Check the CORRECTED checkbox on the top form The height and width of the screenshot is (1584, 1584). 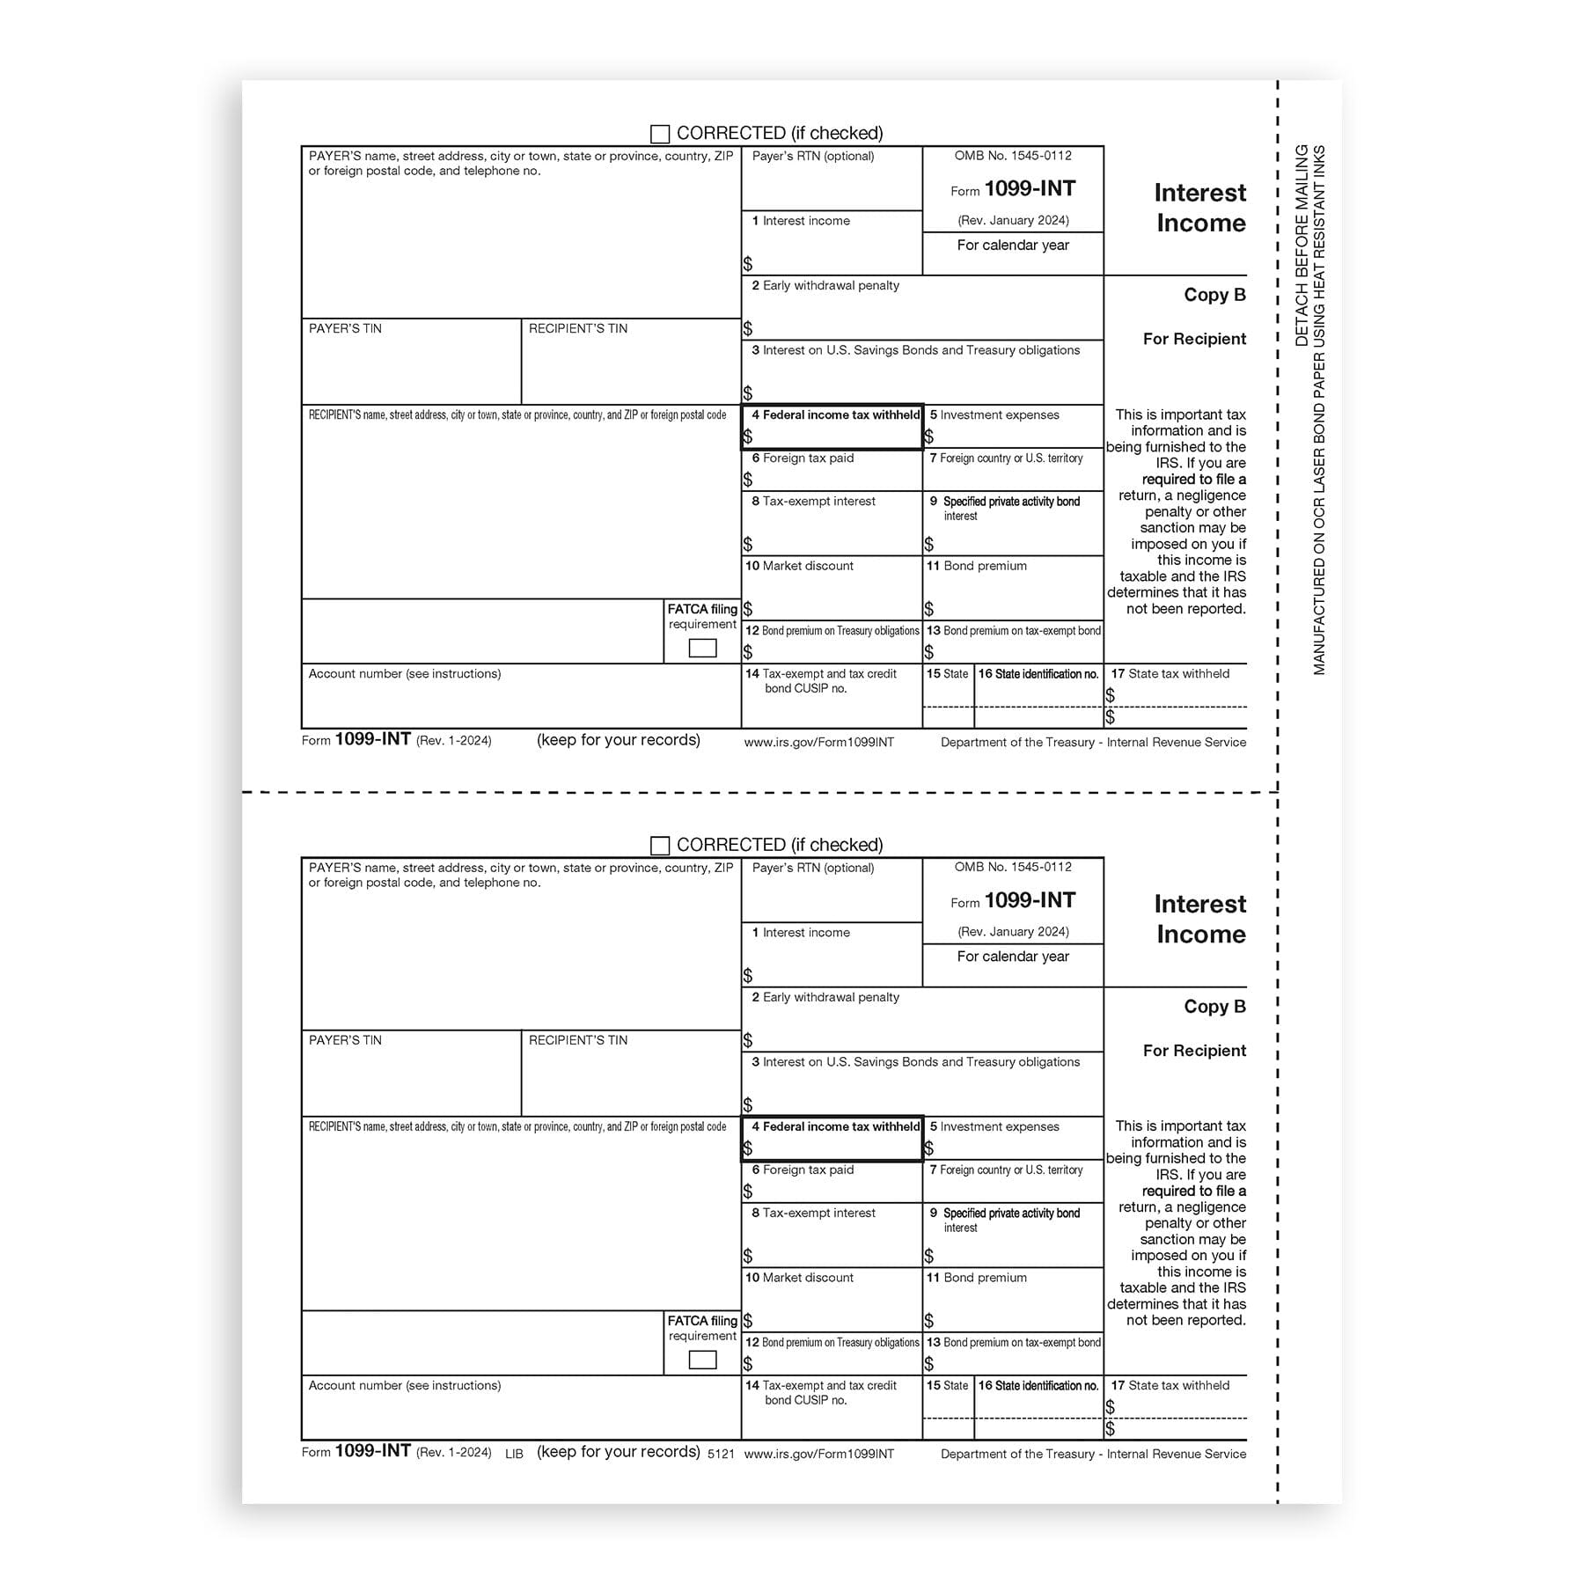click(659, 134)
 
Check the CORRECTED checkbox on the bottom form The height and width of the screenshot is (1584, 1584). click(659, 846)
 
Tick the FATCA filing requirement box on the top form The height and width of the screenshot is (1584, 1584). click(702, 649)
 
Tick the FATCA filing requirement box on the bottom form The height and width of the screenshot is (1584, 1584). click(702, 1360)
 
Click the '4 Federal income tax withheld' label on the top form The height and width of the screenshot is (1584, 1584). click(835, 414)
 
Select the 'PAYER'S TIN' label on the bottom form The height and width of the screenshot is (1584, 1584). click(345, 1040)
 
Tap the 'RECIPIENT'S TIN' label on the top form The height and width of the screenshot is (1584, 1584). click(578, 328)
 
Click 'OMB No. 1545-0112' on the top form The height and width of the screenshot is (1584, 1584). click(1013, 156)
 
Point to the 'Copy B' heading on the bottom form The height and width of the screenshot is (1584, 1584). click(1214, 1007)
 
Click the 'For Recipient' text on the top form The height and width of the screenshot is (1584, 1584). click(1194, 339)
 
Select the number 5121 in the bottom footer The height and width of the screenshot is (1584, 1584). click(721, 1454)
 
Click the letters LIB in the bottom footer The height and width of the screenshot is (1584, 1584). click(514, 1454)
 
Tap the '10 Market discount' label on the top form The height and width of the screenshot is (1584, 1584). click(799, 566)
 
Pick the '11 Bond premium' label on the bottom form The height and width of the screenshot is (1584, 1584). click(976, 1278)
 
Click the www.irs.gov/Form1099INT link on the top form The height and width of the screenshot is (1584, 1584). click(818, 743)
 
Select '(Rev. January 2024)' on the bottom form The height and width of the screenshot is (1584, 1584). click(1013, 932)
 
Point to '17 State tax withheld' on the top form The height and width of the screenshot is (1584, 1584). click(1170, 674)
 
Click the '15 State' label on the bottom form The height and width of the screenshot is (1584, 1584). click(947, 1386)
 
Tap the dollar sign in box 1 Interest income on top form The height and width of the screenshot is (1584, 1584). click(748, 264)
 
